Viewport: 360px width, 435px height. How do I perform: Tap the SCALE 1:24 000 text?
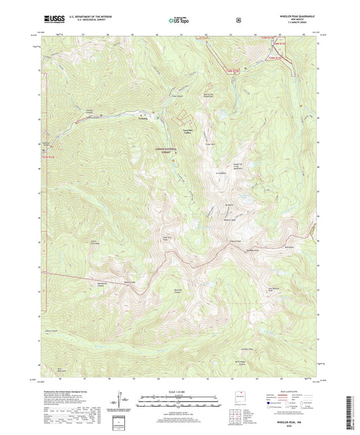pyautogui.click(x=179, y=394)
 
